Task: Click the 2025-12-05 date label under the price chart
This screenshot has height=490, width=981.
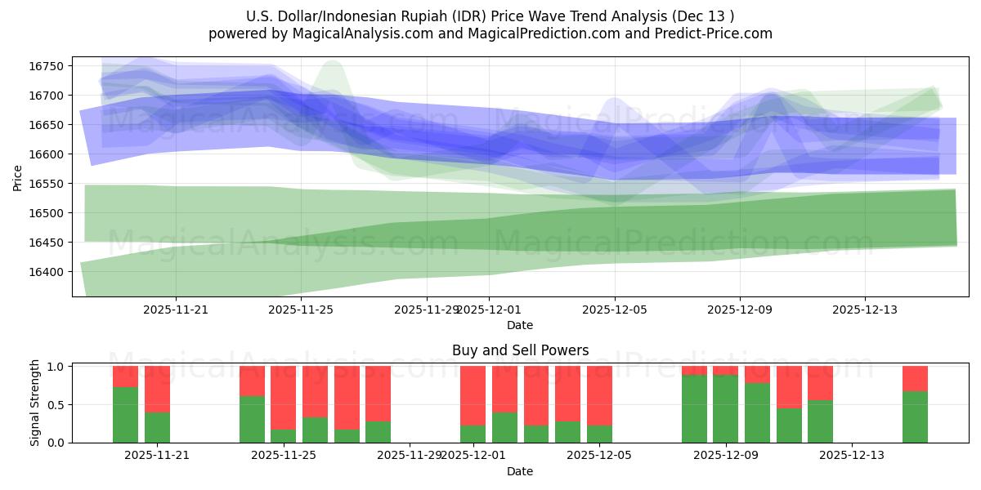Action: pos(615,310)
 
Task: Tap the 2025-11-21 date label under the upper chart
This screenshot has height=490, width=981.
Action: pos(176,310)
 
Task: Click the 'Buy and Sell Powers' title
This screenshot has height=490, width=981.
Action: pos(520,350)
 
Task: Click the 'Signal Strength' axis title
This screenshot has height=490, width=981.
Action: pos(34,403)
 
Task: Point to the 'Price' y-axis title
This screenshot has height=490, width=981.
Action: pos(18,177)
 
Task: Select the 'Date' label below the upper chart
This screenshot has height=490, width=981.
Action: pos(520,325)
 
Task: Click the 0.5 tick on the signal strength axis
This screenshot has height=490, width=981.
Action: pos(57,404)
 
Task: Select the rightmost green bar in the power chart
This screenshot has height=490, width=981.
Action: pos(915,416)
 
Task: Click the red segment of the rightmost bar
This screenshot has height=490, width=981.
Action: pos(915,378)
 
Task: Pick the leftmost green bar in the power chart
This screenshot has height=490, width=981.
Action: pos(125,415)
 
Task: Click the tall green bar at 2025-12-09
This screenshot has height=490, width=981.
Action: pos(725,408)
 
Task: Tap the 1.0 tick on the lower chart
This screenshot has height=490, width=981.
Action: pos(57,367)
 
